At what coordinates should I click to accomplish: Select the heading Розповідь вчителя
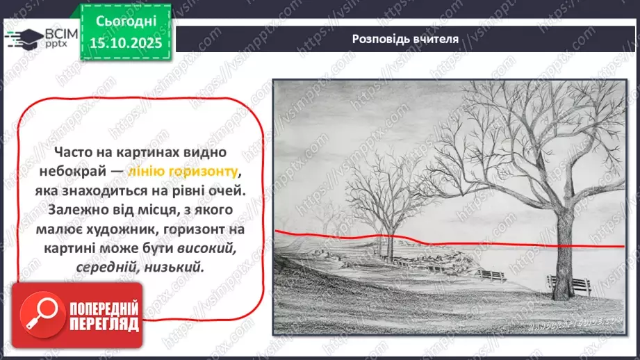[x=404, y=39]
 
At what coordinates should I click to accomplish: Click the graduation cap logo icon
[x=23, y=38]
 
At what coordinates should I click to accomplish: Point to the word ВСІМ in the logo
[x=55, y=32]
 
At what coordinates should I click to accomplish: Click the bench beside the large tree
[x=569, y=284]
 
